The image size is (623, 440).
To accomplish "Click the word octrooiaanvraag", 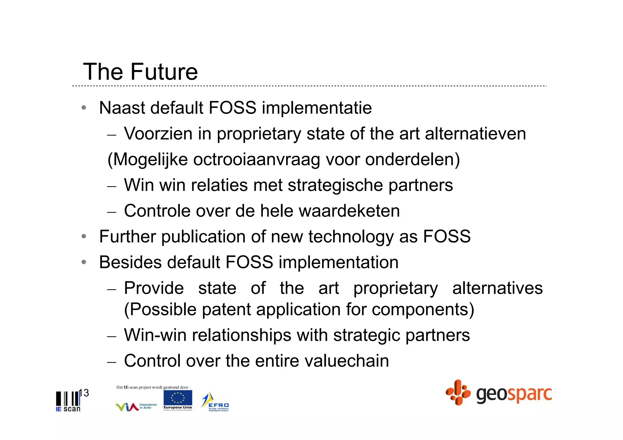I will click(256, 160).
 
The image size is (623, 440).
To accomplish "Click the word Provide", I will click(154, 288).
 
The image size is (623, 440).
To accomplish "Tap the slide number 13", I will click(84, 393).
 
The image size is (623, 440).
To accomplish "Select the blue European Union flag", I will click(178, 398).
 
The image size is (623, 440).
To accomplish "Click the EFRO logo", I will click(215, 402).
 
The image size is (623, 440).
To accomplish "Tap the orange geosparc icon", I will click(458, 392).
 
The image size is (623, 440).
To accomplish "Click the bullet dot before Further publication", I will click(84, 237).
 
